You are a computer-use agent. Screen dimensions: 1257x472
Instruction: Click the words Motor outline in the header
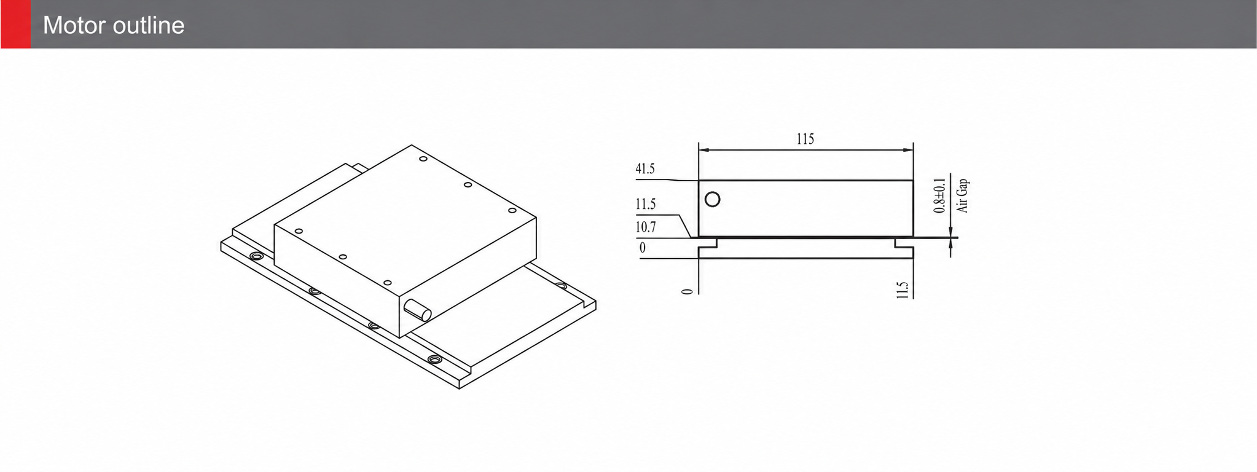coord(114,25)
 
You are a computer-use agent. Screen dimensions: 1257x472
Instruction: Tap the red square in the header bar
coord(15,24)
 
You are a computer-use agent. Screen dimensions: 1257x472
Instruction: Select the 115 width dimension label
coord(805,139)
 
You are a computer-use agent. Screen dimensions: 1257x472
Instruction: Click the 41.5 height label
coord(645,168)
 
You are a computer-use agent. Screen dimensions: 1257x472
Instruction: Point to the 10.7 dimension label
coord(645,227)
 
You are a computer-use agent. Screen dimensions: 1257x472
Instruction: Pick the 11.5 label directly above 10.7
coord(645,204)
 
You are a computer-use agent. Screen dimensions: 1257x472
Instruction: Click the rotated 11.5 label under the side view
coord(902,290)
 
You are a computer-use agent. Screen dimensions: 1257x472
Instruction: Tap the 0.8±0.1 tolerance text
coord(939,195)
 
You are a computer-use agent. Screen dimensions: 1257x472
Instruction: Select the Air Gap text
coord(963,195)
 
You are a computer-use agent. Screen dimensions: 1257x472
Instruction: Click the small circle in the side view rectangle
coord(712,199)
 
